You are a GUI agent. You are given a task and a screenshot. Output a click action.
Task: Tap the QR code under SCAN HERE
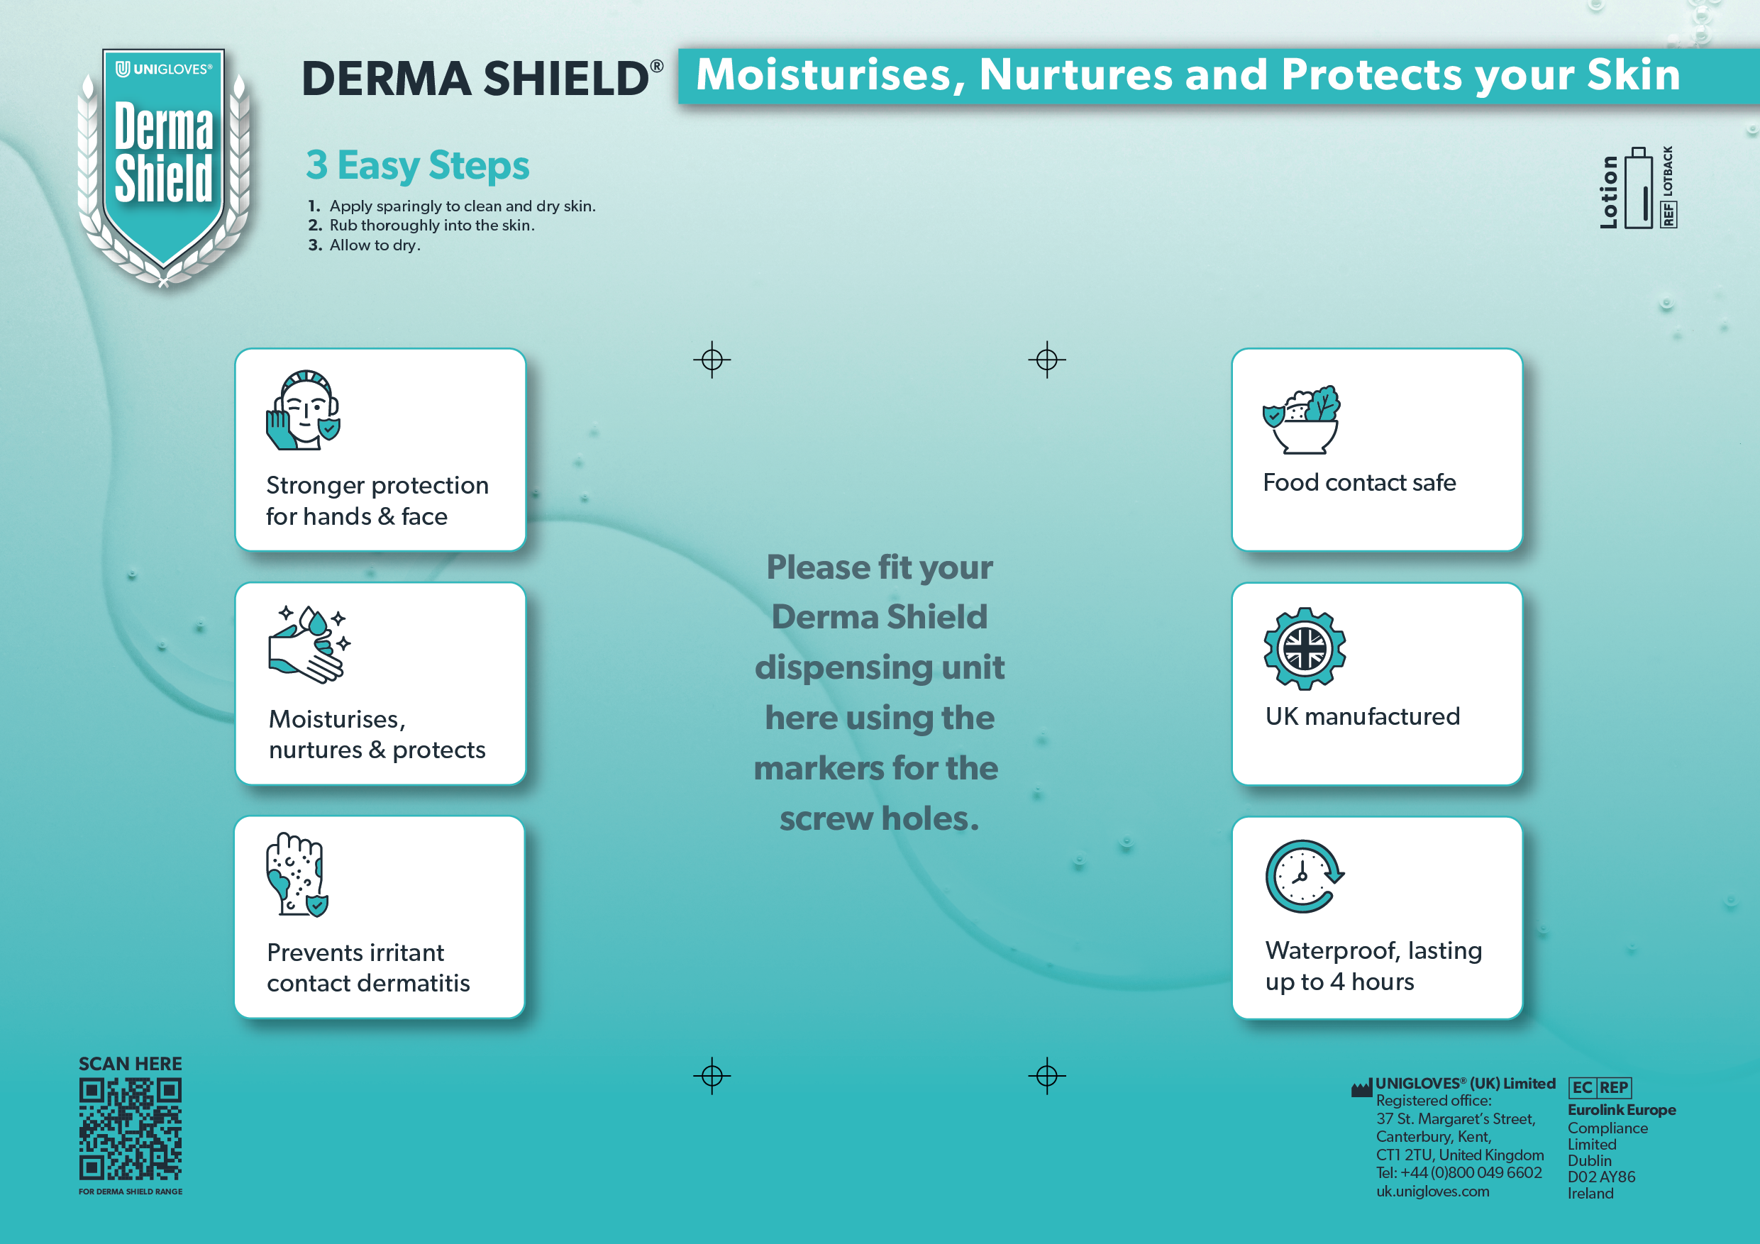pos(131,1129)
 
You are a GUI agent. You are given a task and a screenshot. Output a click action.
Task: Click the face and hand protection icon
pos(304,410)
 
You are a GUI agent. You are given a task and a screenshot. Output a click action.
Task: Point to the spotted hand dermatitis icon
pos(297,874)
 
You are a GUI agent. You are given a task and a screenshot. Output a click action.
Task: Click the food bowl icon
pos(1302,419)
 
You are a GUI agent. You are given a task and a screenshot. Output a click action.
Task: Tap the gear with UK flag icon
pos(1305,648)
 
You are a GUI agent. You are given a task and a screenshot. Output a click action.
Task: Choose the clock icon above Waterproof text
pos(1305,876)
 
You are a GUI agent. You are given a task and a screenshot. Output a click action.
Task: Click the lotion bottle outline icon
pos(1638,188)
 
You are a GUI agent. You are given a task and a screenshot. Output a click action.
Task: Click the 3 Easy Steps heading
pos(418,165)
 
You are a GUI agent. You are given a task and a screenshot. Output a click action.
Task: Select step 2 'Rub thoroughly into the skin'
pos(421,226)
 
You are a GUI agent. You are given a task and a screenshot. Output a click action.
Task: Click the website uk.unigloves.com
pos(1433,1191)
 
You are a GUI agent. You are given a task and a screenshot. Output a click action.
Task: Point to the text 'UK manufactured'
pos(1363,716)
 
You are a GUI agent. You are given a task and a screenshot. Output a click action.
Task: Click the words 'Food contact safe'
pos(1359,482)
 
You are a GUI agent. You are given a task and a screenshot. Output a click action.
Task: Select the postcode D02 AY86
pos(1601,1177)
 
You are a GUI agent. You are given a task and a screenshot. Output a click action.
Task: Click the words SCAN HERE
pos(131,1064)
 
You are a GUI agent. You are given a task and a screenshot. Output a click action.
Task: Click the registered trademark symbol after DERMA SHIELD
pos(657,67)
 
